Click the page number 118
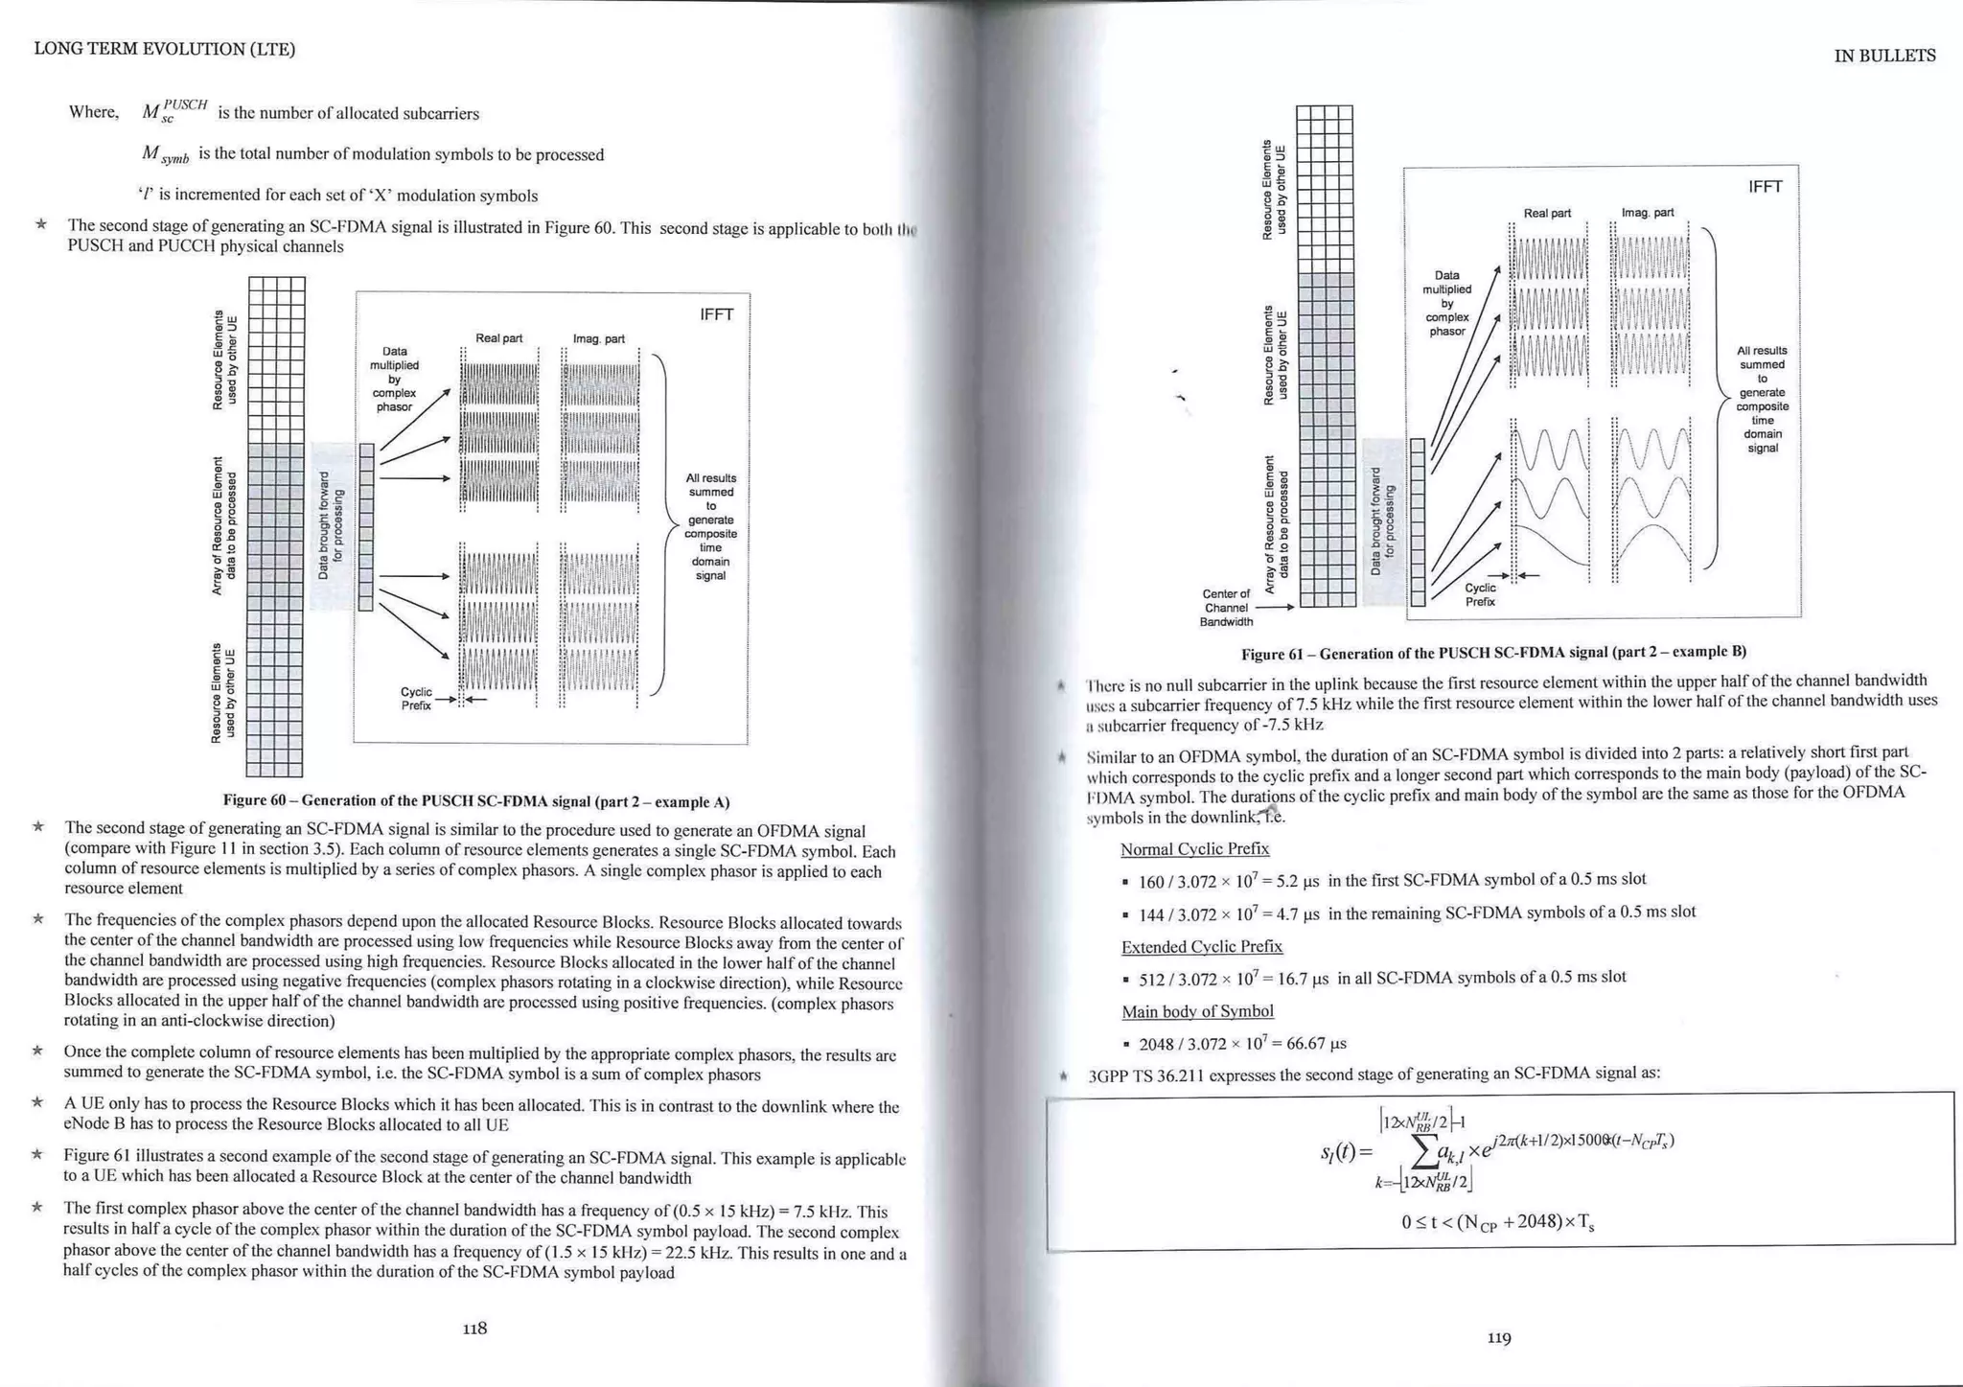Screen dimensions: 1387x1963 pos(474,1328)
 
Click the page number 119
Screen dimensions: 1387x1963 pos(1499,1337)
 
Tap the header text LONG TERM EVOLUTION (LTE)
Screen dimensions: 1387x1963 pos(164,49)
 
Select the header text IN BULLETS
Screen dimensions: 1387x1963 pos(1884,56)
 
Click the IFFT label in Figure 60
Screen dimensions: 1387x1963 pos(717,314)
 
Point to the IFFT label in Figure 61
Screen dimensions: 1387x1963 pos(1765,186)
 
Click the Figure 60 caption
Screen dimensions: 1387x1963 pos(476,800)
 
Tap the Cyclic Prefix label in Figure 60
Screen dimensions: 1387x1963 pos(416,699)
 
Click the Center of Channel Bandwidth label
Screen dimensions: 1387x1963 pos(1226,608)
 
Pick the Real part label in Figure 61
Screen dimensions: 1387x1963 pos(1547,213)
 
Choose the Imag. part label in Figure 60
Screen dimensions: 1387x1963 pos(599,338)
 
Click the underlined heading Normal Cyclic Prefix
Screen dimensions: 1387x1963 pos(1194,848)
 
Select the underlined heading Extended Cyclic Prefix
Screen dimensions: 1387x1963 pos(1201,946)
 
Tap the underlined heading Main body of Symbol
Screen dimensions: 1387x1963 pos(1197,1011)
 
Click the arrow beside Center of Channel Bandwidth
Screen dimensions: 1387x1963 pos(1275,607)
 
